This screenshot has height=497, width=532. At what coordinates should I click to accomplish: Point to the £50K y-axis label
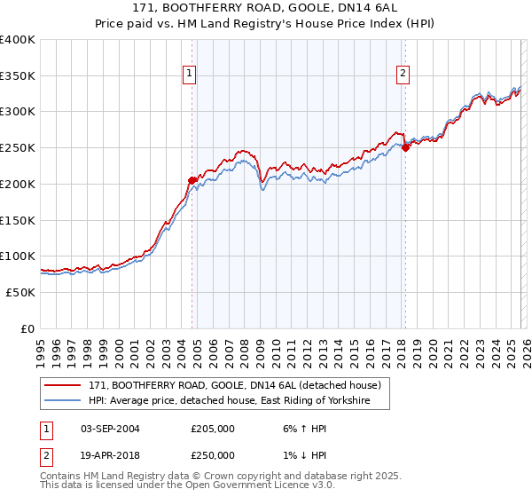[x=20, y=292]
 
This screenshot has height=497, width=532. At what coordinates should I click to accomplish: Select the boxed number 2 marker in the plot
[x=403, y=75]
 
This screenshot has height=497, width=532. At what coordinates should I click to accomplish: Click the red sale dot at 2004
[x=192, y=180]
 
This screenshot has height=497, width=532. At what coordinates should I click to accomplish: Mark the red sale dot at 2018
[x=405, y=148]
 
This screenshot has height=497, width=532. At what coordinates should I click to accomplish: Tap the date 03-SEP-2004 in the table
[x=110, y=428]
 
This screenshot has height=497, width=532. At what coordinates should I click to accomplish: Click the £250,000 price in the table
[x=213, y=454]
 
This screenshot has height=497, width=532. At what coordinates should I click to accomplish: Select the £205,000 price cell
[x=213, y=428]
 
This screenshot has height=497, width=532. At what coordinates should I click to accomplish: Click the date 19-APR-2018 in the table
[x=110, y=454]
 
